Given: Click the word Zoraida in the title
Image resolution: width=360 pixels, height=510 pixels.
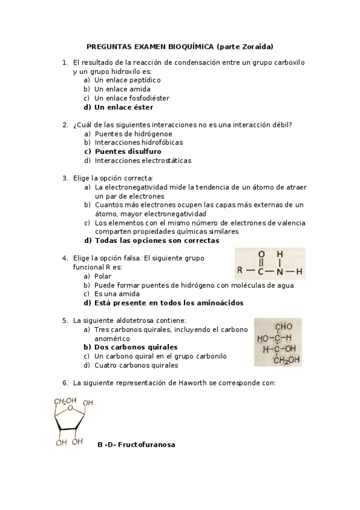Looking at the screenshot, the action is point(258,46).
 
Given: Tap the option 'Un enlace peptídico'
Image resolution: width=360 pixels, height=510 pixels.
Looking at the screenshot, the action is point(127,80).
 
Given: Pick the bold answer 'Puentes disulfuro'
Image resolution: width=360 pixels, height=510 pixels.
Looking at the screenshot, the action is point(127,152).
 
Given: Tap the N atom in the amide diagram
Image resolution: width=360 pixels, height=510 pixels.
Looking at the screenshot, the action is point(279,270).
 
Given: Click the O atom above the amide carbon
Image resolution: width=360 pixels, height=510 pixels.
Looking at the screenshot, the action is point(261,254).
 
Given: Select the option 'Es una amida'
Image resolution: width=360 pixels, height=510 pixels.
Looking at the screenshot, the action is point(117,294).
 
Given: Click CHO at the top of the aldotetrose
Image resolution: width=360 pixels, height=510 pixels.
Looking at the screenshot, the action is point(283,327).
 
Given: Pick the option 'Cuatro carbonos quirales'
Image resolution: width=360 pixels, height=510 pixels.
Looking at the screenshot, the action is point(136,365).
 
